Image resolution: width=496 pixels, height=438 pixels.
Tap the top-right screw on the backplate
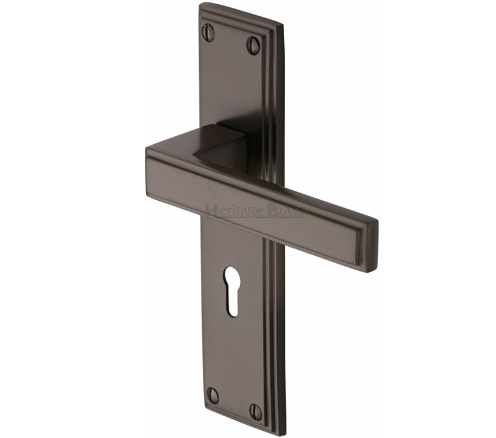(253, 44)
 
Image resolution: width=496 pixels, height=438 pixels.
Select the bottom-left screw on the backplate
(213, 395)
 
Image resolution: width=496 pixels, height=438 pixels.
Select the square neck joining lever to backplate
(229, 145)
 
